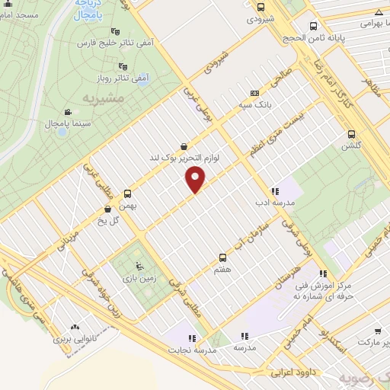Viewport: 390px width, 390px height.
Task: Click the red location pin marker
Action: [x=196, y=179]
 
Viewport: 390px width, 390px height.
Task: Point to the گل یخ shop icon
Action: [x=107, y=208]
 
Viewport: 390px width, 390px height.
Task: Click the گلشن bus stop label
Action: [x=350, y=145]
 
